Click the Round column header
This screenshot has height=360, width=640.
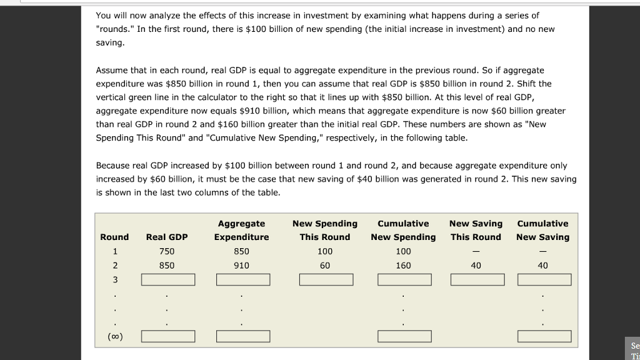[114, 237]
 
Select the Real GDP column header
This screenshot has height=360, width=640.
[167, 237]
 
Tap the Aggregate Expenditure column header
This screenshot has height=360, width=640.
[241, 230]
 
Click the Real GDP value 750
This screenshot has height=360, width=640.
[167, 251]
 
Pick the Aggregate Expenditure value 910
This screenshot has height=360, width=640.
[241, 266]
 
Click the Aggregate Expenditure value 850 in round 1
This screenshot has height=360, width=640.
[241, 251]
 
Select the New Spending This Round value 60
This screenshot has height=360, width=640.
[325, 266]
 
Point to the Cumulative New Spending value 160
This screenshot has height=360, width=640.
[403, 266]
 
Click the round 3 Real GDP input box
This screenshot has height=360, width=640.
[168, 279]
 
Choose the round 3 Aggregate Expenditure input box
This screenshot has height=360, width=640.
[243, 279]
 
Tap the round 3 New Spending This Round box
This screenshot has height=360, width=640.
[326, 279]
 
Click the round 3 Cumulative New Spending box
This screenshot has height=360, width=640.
[404, 279]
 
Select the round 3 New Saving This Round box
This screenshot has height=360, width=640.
[477, 279]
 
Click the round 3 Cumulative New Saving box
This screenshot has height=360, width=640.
[544, 279]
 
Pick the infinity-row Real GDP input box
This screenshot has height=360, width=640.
[168, 337]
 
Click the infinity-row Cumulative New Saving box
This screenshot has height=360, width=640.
[544, 337]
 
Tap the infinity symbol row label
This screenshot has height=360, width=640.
[115, 337]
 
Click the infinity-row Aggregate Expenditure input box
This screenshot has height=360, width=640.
[243, 337]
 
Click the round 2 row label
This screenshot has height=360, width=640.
[115, 266]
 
